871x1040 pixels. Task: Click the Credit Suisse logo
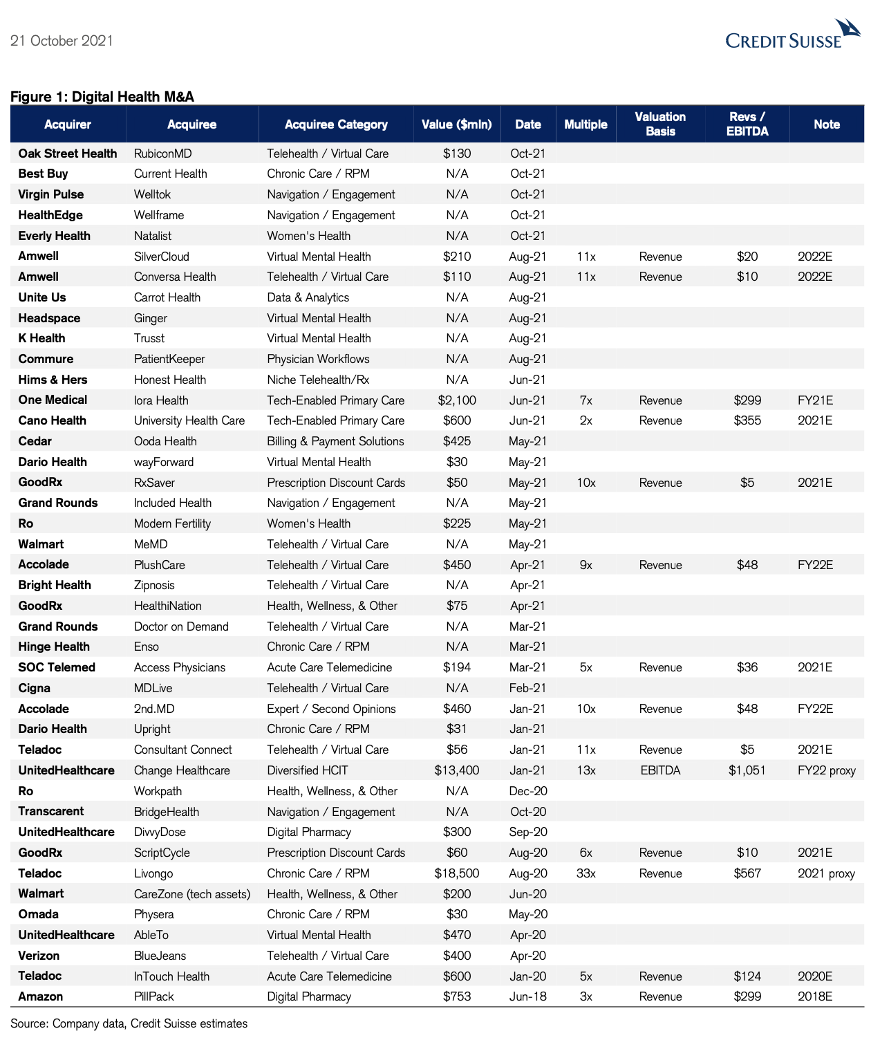(792, 35)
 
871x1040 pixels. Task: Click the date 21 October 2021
(62, 41)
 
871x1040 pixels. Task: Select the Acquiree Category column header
(336, 124)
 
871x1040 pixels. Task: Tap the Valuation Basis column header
(660, 124)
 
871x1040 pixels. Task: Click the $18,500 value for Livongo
(457, 873)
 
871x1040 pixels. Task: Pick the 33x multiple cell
(586, 873)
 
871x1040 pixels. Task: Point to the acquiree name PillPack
(154, 996)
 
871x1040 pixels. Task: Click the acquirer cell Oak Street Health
(68, 154)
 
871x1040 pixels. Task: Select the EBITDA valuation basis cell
(660, 770)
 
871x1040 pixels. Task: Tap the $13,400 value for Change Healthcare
(457, 770)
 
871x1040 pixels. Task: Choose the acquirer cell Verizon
(39, 956)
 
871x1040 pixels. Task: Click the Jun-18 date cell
(528, 996)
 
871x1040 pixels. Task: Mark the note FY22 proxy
(827, 770)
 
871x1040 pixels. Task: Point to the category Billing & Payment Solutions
(335, 441)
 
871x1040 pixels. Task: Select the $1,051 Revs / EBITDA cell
(747, 770)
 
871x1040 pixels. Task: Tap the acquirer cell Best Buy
(43, 174)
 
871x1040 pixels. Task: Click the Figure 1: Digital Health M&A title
(102, 97)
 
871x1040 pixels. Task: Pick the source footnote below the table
(129, 1023)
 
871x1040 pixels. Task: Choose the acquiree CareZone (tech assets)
(192, 894)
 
